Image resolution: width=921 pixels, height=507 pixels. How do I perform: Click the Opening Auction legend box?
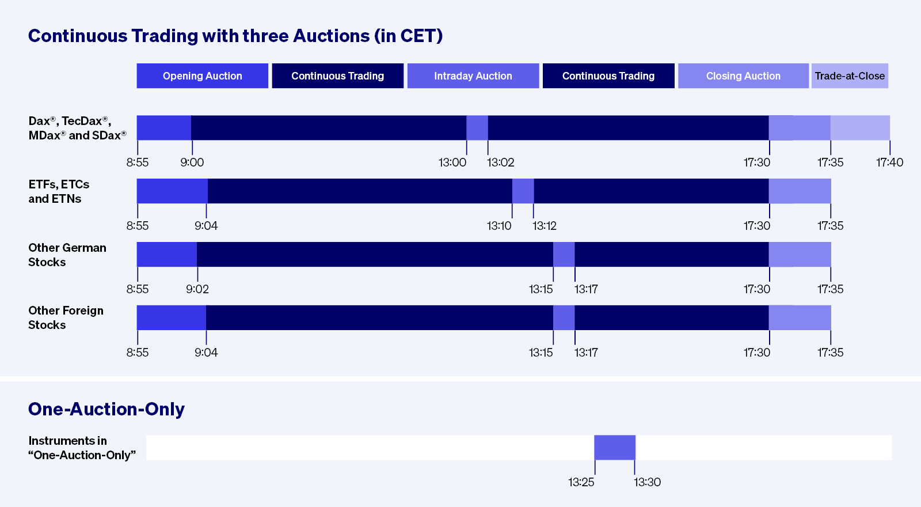click(202, 76)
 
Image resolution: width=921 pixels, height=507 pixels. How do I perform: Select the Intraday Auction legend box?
click(473, 76)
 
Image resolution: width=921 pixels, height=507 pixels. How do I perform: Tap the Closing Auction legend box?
click(743, 76)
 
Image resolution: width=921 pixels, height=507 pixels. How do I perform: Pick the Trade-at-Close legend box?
click(850, 76)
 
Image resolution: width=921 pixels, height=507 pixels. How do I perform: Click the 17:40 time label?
click(889, 162)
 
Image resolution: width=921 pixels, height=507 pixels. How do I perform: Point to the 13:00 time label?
click(452, 162)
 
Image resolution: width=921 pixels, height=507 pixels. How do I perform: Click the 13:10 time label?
click(499, 226)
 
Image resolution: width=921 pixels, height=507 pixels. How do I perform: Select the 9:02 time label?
click(197, 289)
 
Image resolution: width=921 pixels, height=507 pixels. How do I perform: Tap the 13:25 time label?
click(581, 482)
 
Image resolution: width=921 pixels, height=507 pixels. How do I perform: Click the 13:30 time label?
click(648, 482)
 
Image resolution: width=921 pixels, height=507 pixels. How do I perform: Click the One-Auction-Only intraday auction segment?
click(615, 448)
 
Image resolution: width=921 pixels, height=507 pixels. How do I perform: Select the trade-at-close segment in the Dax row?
click(860, 128)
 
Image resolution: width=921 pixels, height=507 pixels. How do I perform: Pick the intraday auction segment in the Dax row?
click(477, 128)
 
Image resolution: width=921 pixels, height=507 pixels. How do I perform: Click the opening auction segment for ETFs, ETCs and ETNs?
click(172, 191)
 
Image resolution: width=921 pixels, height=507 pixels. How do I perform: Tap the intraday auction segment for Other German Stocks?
click(564, 255)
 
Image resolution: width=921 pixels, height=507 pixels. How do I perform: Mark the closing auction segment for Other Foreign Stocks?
click(800, 318)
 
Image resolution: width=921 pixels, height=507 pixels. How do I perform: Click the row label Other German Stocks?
click(67, 255)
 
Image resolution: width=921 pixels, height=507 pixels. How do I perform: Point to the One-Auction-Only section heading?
click(106, 409)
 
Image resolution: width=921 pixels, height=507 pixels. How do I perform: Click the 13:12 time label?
click(545, 226)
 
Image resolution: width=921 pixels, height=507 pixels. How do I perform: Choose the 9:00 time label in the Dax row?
click(192, 162)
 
